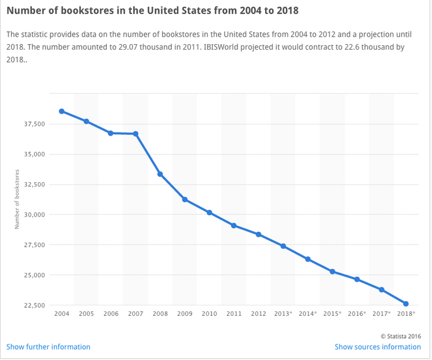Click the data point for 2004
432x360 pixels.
pyautogui.click(x=61, y=111)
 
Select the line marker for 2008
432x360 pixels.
pyautogui.click(x=160, y=174)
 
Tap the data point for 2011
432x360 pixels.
pyautogui.click(x=234, y=226)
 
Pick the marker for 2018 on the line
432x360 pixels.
pyautogui.click(x=406, y=304)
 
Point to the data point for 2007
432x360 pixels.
pyautogui.click(x=136, y=134)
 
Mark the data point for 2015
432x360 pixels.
pyautogui.click(x=332, y=271)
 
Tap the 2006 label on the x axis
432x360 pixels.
pyautogui.click(x=110, y=314)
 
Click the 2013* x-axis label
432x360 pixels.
pyautogui.click(x=283, y=314)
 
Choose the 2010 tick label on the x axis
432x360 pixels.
pyautogui.click(x=209, y=314)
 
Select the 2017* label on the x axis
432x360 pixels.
pyautogui.click(x=382, y=314)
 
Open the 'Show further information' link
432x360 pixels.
pyautogui.click(x=48, y=347)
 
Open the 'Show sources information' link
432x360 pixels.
pyautogui.click(x=378, y=347)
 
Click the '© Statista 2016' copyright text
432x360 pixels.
pyautogui.click(x=401, y=335)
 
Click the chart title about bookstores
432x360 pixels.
pyautogui.click(x=154, y=12)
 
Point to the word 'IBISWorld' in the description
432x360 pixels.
pyautogui.click(x=244, y=47)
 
